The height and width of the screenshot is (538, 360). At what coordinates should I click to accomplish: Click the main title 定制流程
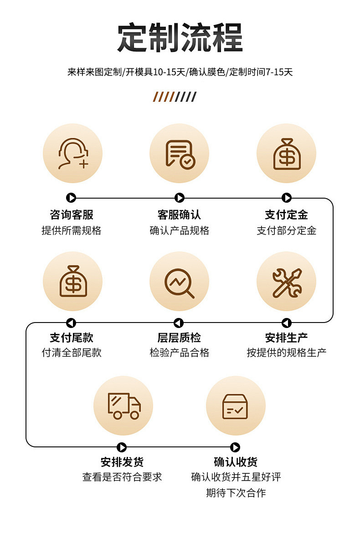click(x=180, y=38)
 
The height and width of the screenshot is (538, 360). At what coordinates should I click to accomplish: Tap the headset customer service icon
click(x=72, y=154)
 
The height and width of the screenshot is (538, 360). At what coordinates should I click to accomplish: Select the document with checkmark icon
click(x=180, y=154)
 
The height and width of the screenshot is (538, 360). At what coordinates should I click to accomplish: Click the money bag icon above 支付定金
click(x=287, y=154)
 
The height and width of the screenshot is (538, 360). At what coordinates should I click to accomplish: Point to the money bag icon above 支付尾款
click(x=72, y=281)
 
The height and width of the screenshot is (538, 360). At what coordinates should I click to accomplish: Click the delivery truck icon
click(x=123, y=405)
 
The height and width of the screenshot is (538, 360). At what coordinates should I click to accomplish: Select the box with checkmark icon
click(x=235, y=405)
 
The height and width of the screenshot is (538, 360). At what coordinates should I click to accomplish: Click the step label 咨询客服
click(x=72, y=215)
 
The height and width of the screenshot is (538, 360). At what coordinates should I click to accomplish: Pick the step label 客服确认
click(x=179, y=215)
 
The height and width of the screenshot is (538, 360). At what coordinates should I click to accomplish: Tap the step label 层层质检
click(x=179, y=338)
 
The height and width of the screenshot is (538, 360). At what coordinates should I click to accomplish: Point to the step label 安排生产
click(x=286, y=338)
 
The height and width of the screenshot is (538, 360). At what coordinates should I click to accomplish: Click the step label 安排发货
click(x=122, y=462)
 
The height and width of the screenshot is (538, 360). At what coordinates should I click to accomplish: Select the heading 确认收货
click(x=236, y=462)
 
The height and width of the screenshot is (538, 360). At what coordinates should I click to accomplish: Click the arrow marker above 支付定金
click(x=287, y=198)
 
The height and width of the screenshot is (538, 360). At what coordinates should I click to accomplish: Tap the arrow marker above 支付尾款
click(x=71, y=323)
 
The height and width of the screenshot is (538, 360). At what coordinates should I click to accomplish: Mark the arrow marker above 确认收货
click(x=235, y=447)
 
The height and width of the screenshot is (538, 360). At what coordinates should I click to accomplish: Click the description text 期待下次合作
click(x=236, y=492)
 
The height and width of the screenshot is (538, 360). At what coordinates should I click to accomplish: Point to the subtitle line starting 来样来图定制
click(x=180, y=72)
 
